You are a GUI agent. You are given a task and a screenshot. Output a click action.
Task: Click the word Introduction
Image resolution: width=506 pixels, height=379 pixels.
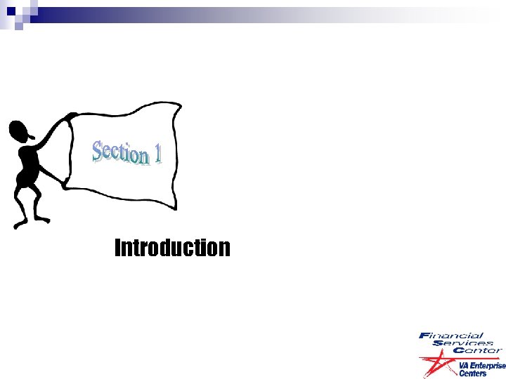pyautogui.click(x=172, y=248)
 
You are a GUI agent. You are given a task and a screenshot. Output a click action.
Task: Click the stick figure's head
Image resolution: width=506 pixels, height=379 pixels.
pyautogui.click(x=21, y=131)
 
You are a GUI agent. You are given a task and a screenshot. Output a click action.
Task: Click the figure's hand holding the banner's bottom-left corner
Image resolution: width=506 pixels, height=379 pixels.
pyautogui.click(x=65, y=183)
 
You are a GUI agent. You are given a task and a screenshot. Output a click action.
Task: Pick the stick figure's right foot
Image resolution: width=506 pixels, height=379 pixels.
pyautogui.click(x=44, y=219)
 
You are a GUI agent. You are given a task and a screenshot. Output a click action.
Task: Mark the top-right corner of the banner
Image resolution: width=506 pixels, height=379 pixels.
pyautogui.click(x=179, y=104)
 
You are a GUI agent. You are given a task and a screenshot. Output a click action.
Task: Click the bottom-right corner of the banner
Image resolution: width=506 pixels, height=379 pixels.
pyautogui.click(x=175, y=208)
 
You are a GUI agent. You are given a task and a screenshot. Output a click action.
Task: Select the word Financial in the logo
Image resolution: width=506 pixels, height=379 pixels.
pyautogui.click(x=451, y=335)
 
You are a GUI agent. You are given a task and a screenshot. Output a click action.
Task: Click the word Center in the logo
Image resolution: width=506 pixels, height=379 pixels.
pyautogui.click(x=477, y=350)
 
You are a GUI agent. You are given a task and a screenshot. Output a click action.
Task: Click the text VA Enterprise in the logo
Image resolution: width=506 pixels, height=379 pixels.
pyautogui.click(x=481, y=366)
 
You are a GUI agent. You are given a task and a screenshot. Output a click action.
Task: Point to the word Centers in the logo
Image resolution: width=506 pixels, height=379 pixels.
pyautogui.click(x=472, y=373)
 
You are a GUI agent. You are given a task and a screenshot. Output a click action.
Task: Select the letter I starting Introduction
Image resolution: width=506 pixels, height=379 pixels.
pyautogui.click(x=117, y=248)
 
